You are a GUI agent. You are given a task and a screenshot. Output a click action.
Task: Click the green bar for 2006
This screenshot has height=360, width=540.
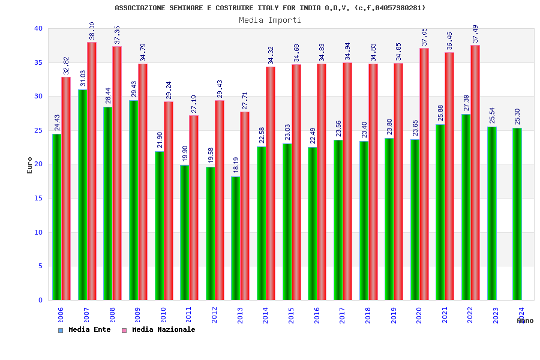tap(56, 217)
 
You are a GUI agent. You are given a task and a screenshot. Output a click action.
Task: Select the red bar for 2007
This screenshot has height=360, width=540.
tap(92, 171)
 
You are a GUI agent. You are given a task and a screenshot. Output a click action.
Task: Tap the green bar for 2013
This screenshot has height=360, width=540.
tap(236, 238)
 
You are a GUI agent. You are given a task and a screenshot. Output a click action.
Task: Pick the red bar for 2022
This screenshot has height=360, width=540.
tap(475, 172)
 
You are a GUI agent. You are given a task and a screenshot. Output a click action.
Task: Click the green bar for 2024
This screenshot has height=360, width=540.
tap(517, 214)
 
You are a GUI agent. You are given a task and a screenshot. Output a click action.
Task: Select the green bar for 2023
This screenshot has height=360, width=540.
tap(492, 213)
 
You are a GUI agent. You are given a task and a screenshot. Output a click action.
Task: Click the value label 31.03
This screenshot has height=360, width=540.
tap(83, 79)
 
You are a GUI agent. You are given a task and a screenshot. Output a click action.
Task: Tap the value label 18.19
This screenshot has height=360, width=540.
tap(236, 166)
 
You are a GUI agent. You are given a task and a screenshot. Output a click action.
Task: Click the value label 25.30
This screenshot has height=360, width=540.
tap(517, 117)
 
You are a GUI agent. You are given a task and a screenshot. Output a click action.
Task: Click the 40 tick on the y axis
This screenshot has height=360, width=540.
tap(38, 28)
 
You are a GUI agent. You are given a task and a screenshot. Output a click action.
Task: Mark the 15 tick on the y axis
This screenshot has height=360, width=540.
tap(38, 198)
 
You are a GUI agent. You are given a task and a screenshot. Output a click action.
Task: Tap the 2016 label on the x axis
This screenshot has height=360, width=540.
tap(317, 316)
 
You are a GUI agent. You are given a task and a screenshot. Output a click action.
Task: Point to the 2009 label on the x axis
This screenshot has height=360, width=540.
tap(137, 316)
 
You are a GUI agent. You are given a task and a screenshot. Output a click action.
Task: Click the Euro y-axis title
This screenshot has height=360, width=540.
tap(30, 165)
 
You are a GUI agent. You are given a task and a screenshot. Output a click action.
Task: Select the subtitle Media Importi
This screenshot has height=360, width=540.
tap(270, 20)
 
